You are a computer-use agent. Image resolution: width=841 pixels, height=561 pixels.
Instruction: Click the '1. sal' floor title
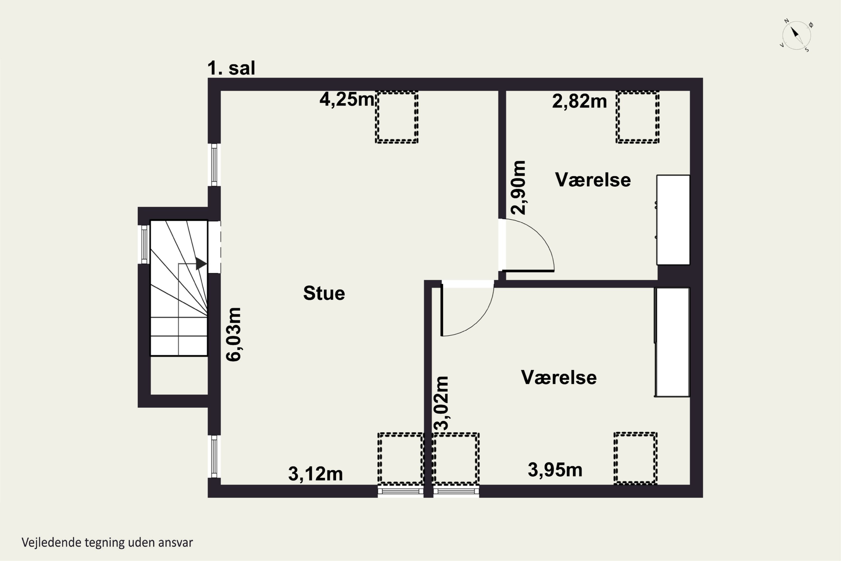click(231, 68)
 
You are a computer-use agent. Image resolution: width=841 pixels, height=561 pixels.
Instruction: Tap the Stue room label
click(324, 293)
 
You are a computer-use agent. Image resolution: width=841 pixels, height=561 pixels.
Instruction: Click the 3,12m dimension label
click(315, 474)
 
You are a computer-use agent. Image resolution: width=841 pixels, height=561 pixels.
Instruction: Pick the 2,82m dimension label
click(579, 101)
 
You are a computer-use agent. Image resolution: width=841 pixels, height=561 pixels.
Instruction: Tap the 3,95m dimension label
click(555, 470)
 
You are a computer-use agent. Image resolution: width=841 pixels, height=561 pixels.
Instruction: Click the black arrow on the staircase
click(201, 264)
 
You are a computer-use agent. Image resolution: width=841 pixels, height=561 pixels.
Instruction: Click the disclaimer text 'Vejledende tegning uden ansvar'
click(107, 542)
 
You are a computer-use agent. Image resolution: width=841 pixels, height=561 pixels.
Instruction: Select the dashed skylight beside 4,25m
click(397, 117)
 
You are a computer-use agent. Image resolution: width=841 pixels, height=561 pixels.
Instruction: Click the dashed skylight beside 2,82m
click(637, 117)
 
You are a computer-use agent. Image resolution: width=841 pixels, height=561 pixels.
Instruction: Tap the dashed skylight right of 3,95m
click(636, 458)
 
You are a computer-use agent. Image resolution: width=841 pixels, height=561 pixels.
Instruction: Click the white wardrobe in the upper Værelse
click(673, 220)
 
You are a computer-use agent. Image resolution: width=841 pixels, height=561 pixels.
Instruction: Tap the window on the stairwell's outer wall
click(144, 244)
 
